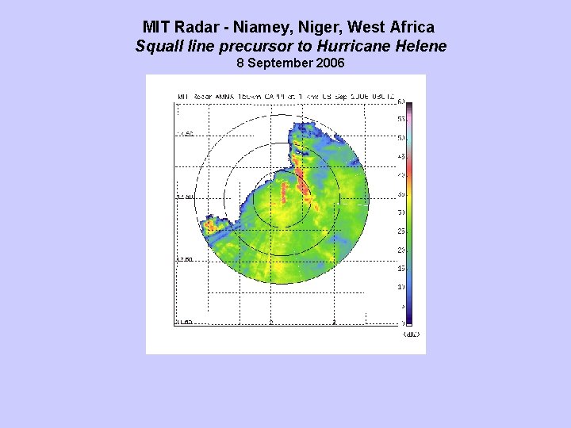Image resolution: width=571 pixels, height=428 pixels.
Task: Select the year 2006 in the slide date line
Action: click(329, 63)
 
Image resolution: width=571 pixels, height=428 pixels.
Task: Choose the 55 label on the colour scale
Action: click(401, 119)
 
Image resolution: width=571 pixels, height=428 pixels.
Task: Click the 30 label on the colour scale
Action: click(401, 212)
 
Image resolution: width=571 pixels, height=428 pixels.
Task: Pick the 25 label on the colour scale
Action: click(401, 231)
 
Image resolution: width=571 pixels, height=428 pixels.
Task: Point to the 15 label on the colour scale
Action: click(401, 269)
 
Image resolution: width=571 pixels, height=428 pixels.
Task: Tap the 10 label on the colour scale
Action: click(401, 287)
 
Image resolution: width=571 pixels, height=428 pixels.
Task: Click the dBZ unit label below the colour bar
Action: click(411, 334)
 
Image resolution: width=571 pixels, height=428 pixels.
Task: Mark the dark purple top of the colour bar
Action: click(409, 106)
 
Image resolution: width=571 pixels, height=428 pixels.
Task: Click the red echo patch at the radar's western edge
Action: click(212, 225)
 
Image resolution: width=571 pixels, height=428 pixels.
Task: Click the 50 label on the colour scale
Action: click(401, 138)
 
